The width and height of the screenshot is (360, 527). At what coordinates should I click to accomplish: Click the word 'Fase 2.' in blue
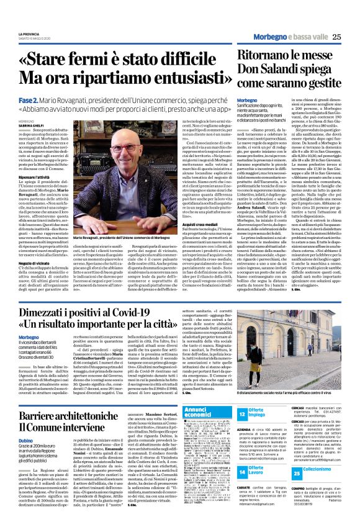pyautogui.click(x=47, y=99)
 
